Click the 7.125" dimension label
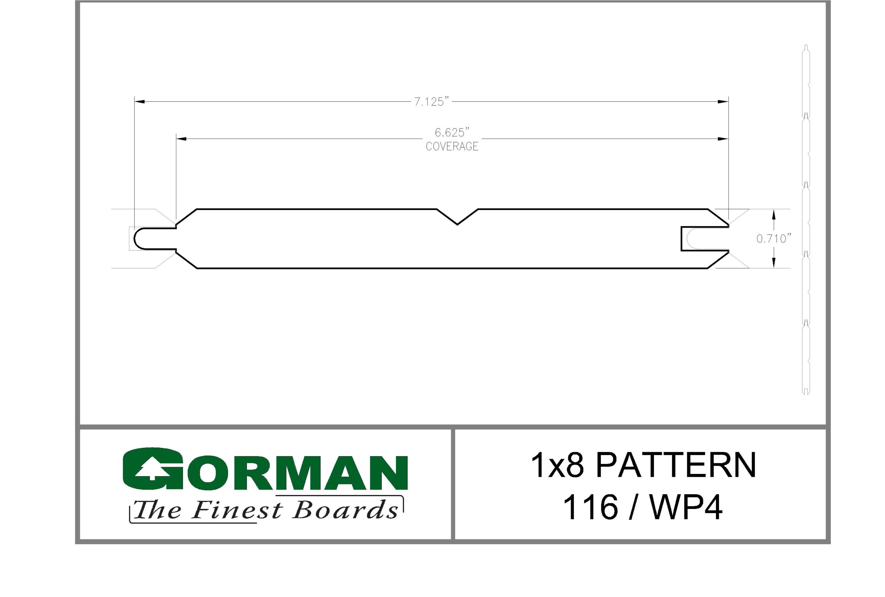(x=431, y=102)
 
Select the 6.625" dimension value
(x=452, y=132)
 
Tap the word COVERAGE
(x=452, y=146)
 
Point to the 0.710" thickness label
(x=774, y=239)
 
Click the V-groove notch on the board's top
(x=457, y=217)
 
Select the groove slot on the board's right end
(x=705, y=239)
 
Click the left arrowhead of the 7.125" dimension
(x=139, y=102)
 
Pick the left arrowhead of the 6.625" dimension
(x=181, y=139)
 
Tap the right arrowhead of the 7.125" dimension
(x=723, y=102)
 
